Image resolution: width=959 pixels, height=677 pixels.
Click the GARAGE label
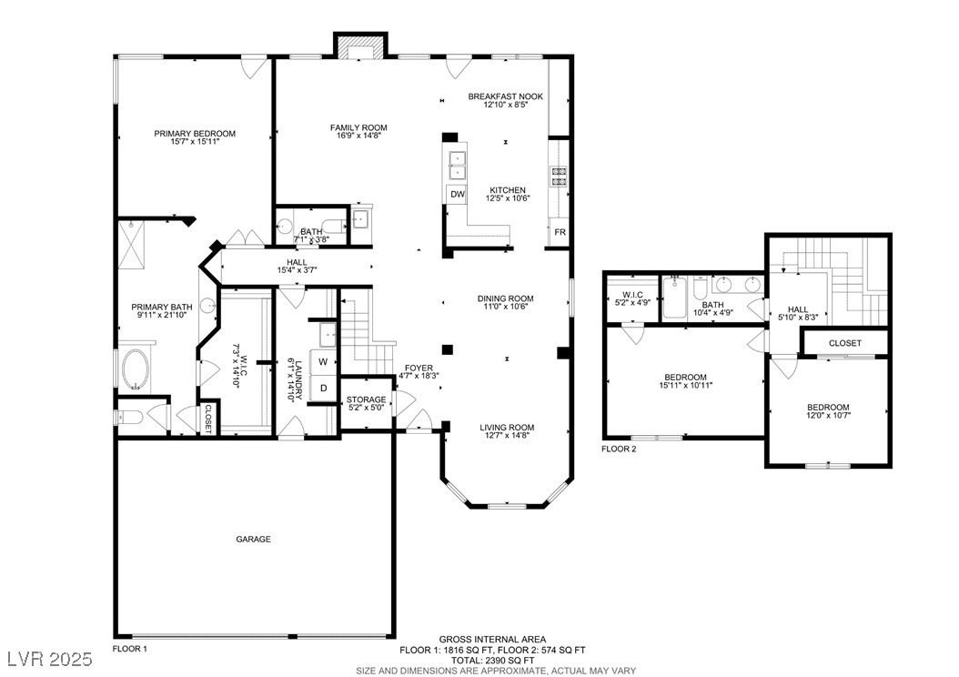click(253, 540)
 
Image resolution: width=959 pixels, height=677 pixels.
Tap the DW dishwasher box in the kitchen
click(457, 195)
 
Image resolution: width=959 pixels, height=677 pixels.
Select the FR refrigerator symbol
click(560, 232)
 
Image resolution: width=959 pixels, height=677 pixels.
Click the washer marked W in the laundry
click(323, 361)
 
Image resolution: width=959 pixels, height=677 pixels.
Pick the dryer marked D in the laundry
click(323, 389)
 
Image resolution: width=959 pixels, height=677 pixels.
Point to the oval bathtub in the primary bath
click(136, 369)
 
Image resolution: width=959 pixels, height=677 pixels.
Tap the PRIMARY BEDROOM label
click(195, 134)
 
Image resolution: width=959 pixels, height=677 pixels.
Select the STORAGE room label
click(367, 399)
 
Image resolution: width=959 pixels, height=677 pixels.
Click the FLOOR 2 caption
click(619, 449)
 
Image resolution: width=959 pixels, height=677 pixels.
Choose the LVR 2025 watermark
click(49, 658)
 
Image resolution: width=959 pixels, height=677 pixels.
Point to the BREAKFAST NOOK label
click(505, 96)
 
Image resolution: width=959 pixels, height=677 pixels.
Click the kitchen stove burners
click(560, 176)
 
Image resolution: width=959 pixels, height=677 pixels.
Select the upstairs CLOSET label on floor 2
click(844, 343)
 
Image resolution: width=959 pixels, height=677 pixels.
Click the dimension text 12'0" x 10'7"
click(828, 415)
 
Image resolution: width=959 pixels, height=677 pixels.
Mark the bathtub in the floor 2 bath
click(675, 298)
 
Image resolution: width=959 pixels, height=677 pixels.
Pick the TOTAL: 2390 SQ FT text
click(492, 661)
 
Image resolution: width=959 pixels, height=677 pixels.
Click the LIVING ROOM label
click(507, 428)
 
